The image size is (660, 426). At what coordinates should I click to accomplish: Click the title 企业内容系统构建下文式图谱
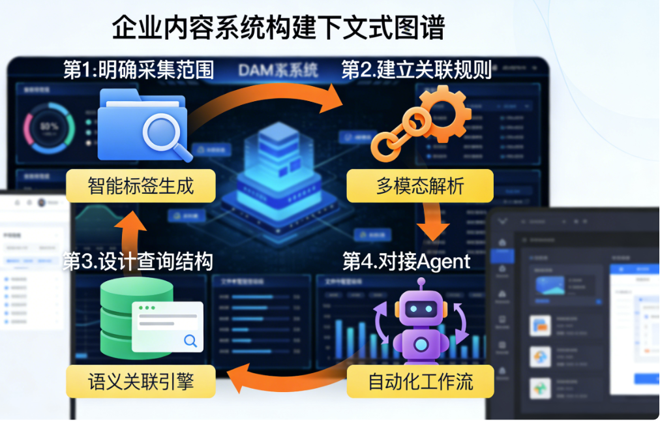278,27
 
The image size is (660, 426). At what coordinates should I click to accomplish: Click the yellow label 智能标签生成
141,186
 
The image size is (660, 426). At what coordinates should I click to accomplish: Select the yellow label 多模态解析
420,186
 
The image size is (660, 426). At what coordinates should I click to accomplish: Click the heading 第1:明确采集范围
138,70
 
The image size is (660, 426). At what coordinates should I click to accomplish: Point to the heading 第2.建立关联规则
417,70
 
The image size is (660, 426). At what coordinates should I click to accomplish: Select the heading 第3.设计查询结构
138,262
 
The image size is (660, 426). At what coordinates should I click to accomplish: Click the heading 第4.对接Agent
406,262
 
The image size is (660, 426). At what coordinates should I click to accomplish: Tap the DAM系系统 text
278,70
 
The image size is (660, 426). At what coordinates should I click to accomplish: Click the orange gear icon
442,110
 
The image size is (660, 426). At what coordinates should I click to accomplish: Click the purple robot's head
421,306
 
